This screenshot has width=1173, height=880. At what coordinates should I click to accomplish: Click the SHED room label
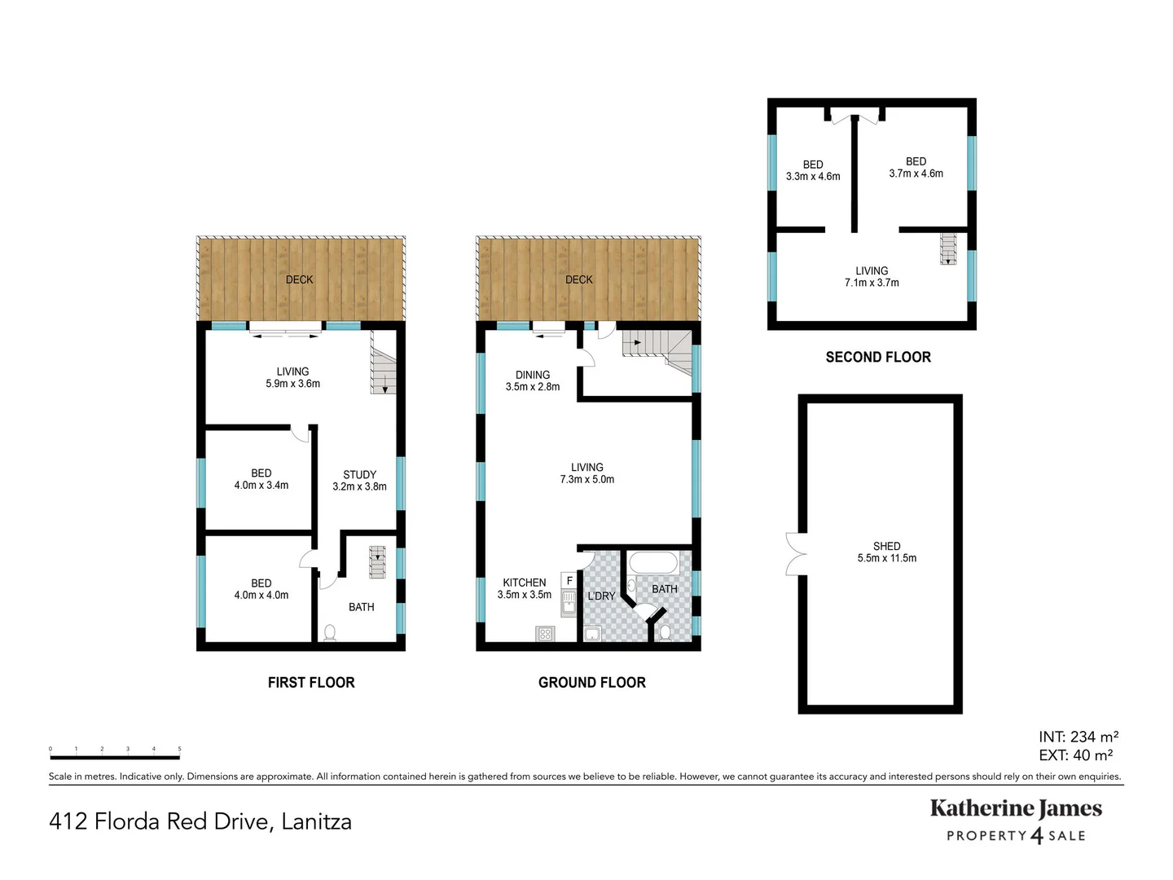coord(886,546)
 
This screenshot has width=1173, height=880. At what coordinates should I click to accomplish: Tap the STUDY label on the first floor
coord(359,474)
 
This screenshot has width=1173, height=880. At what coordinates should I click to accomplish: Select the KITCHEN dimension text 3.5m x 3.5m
coord(524,595)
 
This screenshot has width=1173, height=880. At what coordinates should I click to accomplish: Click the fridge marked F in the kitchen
coord(569,580)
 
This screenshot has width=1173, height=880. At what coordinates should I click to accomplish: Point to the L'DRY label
coord(601,596)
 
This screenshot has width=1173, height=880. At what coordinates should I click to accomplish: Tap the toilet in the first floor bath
coord(330,631)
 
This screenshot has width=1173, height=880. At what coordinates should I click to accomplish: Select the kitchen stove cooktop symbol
coord(545,633)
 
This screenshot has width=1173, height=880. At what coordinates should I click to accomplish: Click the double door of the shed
coord(795,554)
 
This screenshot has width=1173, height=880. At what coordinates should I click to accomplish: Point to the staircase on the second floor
coord(948,249)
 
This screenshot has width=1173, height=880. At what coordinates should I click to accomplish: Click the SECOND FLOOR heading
coord(877,357)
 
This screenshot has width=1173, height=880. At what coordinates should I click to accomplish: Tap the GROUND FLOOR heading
coord(591,683)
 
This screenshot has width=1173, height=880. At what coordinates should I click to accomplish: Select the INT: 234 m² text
coord(1078,737)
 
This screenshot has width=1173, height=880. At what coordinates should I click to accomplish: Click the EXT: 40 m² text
coord(1075,755)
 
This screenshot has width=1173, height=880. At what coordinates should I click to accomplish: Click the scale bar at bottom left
coord(115,757)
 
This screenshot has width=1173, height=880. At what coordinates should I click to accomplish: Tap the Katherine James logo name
coord(1016,808)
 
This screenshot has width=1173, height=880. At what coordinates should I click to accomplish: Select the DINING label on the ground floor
coord(533,375)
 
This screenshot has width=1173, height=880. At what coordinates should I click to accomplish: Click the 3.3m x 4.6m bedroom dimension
coord(813,177)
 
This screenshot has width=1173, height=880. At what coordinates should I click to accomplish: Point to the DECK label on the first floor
coord(299,279)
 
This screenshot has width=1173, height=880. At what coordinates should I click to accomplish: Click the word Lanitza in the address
coord(316,821)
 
